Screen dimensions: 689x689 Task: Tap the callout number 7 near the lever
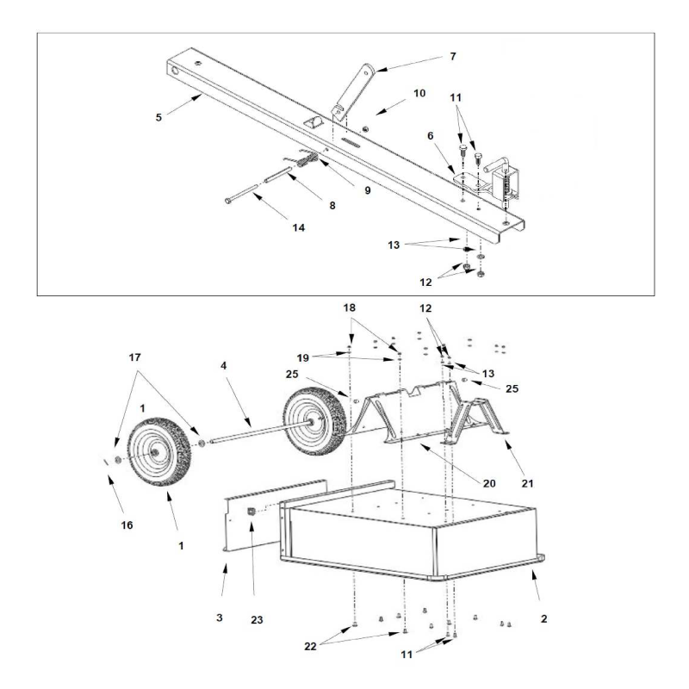[452, 57]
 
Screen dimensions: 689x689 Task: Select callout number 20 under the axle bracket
[488, 483]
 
